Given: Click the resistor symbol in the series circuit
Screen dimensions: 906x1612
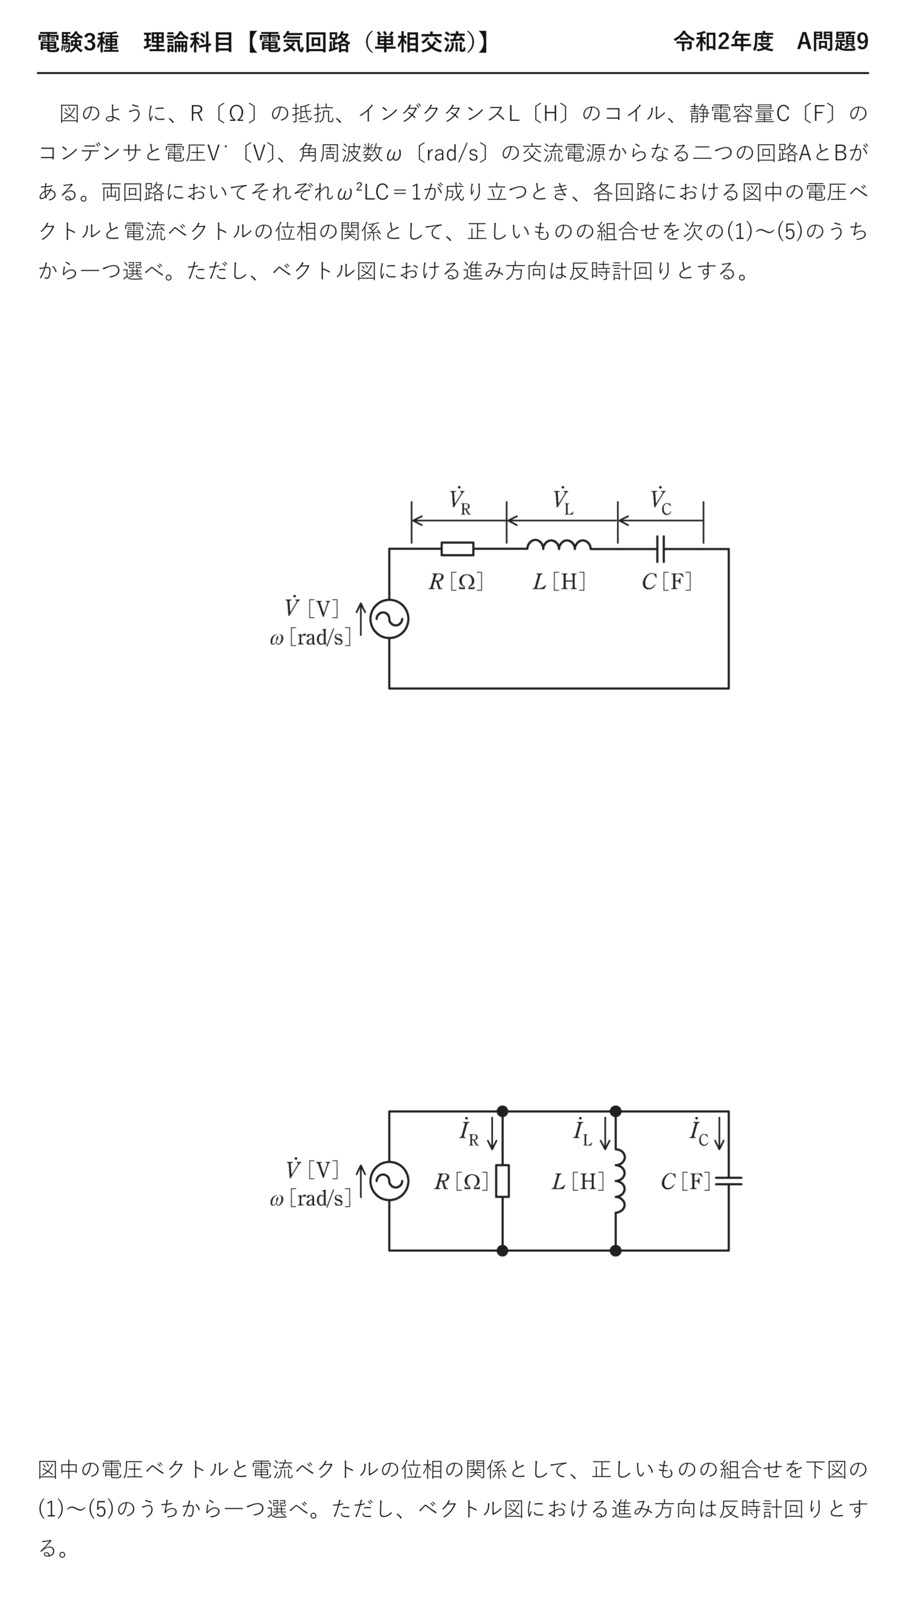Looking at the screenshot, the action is [457, 548].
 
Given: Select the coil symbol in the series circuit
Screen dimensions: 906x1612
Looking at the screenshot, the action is [558, 545].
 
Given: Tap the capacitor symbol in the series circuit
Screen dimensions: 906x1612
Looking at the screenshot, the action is [660, 548].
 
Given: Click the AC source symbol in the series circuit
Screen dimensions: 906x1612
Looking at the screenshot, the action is [389, 619].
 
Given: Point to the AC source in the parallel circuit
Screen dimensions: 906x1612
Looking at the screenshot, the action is [389, 1181].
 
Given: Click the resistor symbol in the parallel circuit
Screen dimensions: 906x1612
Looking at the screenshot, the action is [502, 1181].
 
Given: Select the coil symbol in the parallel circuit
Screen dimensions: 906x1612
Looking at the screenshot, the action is [620, 1181].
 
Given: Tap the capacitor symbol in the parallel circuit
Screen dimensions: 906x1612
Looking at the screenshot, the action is [729, 1181].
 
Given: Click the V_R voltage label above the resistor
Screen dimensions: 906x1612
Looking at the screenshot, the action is [460, 501].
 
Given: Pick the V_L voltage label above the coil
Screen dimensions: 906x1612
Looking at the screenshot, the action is [563, 501].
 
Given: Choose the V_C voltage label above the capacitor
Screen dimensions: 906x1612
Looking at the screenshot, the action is [661, 501].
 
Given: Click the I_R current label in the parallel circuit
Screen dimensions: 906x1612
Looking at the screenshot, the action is [469, 1132].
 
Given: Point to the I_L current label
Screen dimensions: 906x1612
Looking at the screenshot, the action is [582, 1132].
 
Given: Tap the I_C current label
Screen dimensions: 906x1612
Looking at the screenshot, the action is [699, 1132].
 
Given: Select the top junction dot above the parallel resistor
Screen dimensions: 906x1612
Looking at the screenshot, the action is [502, 1111].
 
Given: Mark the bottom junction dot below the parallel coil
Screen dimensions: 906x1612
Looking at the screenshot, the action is [616, 1251].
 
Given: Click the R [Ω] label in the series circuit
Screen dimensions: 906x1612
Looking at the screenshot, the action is [456, 581].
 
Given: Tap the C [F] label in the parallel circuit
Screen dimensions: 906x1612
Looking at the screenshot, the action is [686, 1181].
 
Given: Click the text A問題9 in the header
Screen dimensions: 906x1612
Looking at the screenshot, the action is [832, 42].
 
